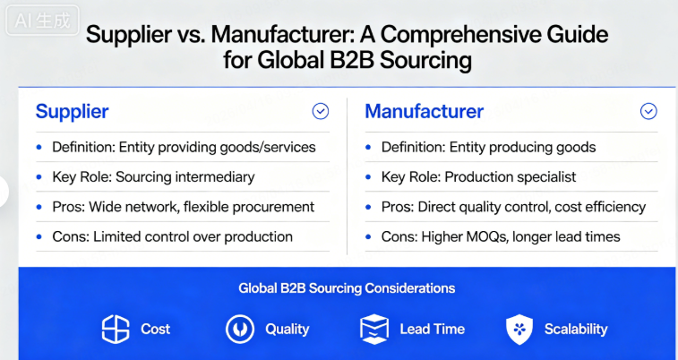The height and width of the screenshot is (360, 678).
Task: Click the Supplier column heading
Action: [72, 112]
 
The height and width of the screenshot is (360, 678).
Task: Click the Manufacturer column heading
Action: [424, 112]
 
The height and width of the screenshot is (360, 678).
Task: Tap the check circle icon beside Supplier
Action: [321, 111]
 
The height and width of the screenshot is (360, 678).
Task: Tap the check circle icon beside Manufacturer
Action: [648, 111]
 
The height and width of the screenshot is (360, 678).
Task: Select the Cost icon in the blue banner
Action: [116, 329]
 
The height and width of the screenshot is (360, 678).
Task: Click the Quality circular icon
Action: [239, 329]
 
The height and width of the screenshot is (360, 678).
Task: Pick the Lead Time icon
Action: [374, 329]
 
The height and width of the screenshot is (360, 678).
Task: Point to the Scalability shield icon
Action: [519, 329]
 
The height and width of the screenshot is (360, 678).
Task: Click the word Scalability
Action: [576, 329]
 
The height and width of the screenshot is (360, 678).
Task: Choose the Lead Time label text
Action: [432, 329]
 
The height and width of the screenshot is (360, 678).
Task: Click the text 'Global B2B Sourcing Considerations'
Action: [347, 288]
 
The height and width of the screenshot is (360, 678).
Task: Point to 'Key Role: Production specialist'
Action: [478, 177]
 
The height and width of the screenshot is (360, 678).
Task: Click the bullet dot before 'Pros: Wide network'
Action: [39, 207]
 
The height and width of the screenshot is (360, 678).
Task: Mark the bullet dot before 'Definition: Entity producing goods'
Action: [368, 148]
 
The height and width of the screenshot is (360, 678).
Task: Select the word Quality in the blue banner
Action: [287, 329]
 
